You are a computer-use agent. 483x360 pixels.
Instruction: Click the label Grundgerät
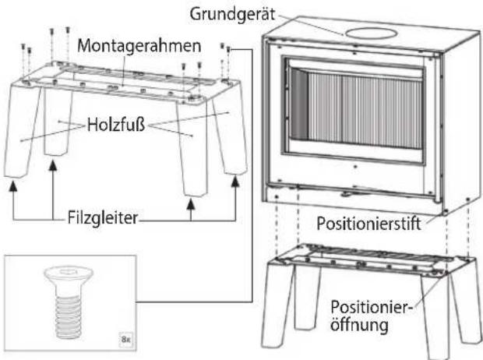[232, 15]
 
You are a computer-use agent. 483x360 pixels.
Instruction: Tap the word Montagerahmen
[139, 46]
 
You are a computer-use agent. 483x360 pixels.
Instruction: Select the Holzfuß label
[116, 125]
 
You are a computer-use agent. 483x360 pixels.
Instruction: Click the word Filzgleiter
[103, 218]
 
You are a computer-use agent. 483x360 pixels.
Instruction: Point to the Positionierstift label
[368, 223]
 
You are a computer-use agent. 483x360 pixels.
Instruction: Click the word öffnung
[359, 325]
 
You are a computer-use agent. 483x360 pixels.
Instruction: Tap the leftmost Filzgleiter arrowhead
[12, 186]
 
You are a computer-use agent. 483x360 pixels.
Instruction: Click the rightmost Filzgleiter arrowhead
[235, 181]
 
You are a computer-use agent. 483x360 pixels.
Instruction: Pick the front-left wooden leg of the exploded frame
[22, 131]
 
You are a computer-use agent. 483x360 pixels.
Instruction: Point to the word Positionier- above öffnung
[371, 307]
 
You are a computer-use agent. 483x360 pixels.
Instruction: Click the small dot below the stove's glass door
[355, 167]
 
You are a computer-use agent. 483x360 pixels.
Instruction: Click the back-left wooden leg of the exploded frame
[58, 122]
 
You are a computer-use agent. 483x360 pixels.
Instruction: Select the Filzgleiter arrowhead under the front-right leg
[192, 205]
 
